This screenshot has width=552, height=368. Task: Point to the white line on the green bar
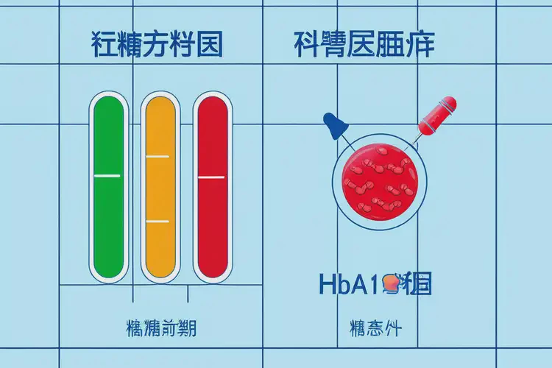tap(107, 176)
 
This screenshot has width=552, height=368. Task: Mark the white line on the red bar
tap(211, 177)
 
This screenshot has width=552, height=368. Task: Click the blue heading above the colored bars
tap(157, 46)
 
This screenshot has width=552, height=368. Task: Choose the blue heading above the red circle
tap(364, 46)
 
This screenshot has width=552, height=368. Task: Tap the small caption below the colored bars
tap(157, 325)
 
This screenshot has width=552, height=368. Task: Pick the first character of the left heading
tap(105, 46)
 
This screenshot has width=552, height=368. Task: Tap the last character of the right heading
tap(420, 46)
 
